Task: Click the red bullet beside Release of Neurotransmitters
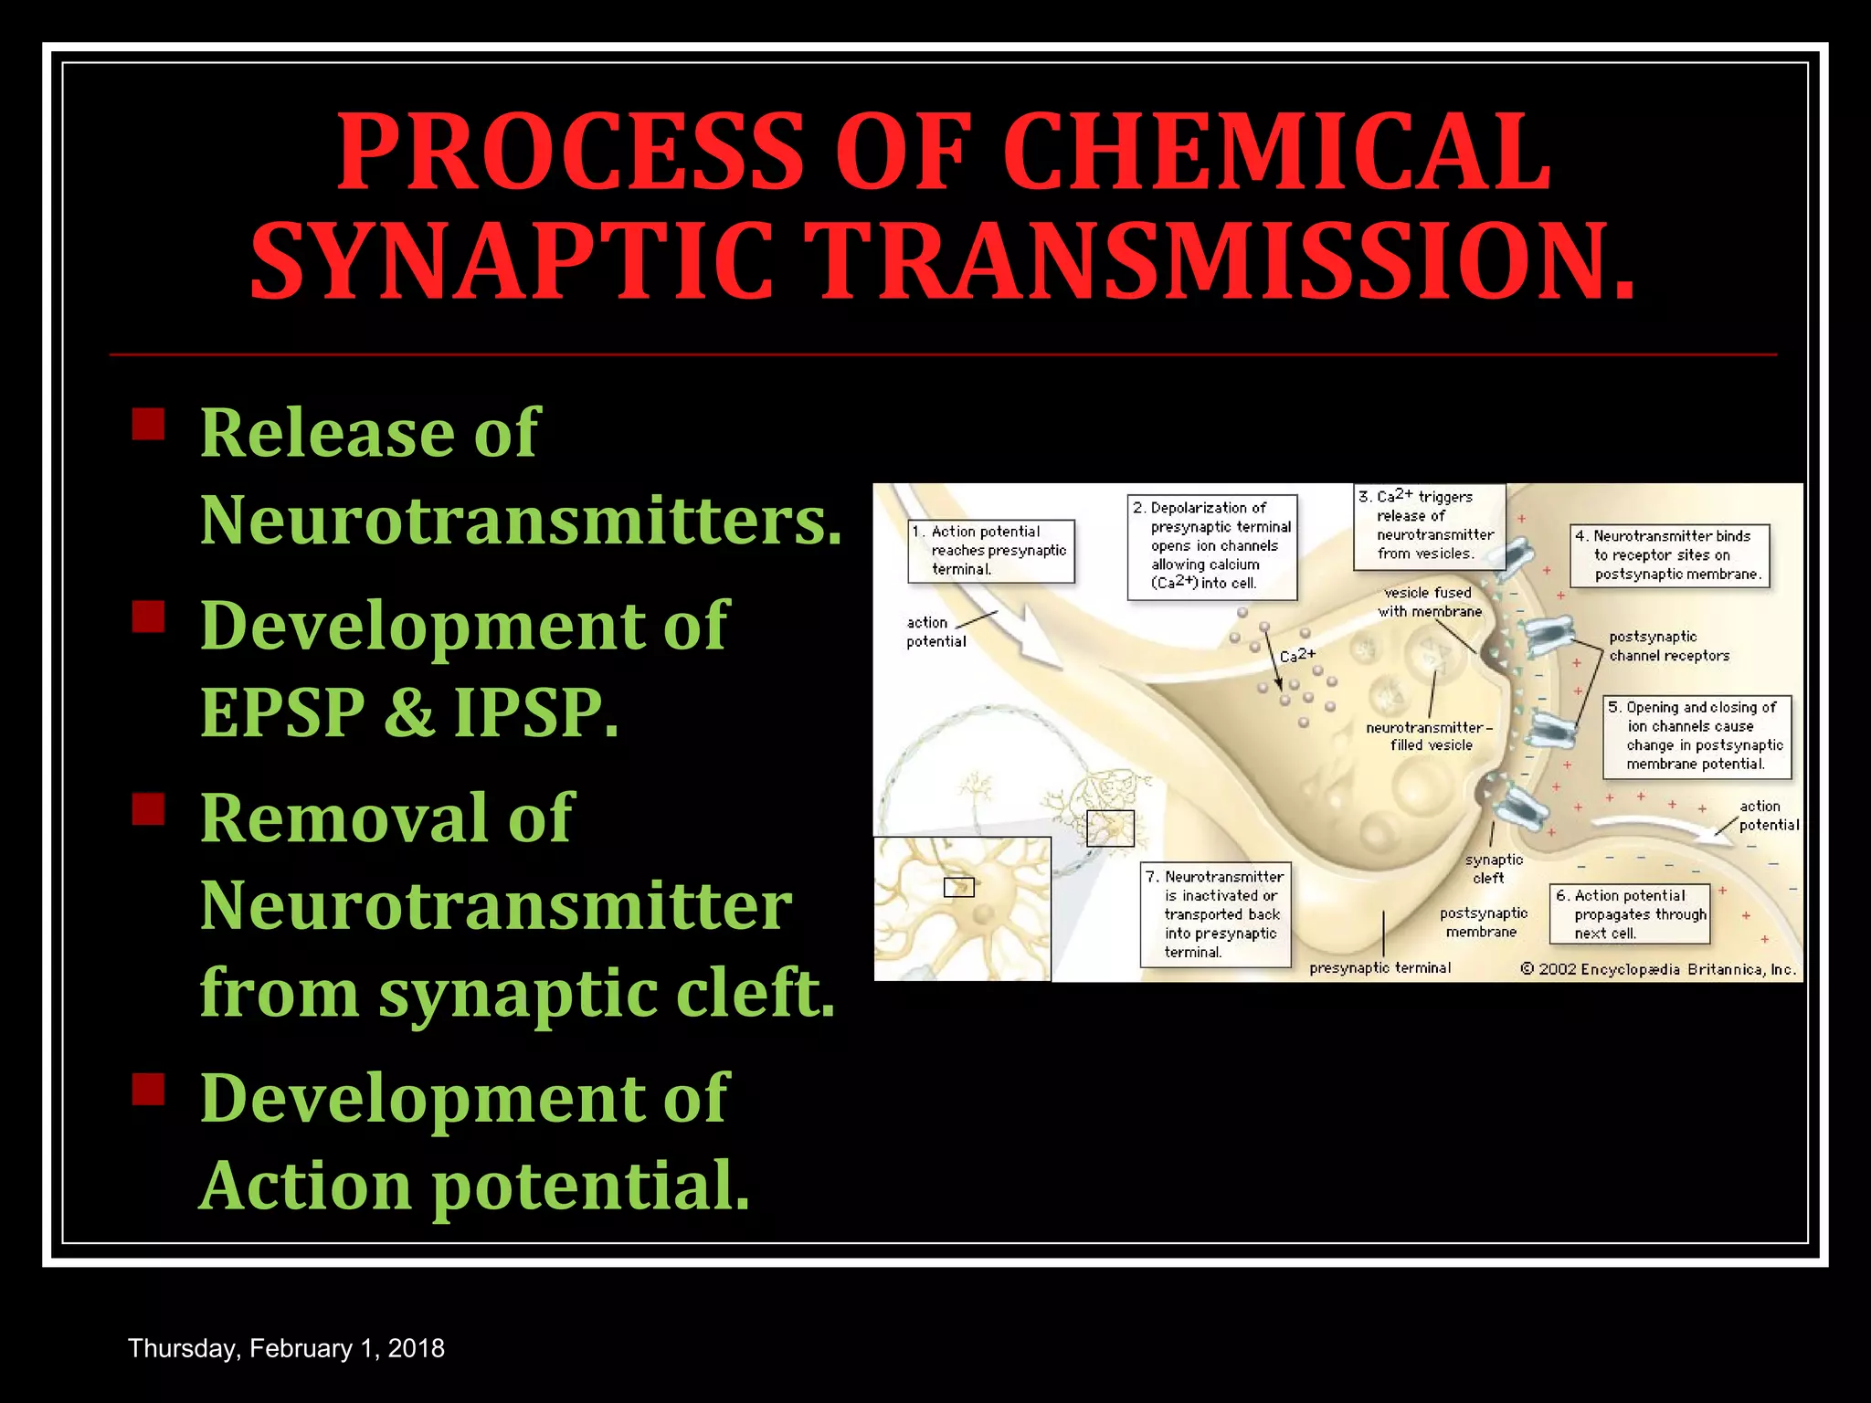[148, 425]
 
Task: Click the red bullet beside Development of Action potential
[148, 1089]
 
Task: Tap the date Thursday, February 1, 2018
[286, 1348]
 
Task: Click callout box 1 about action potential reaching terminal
[991, 551]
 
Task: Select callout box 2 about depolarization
[1211, 546]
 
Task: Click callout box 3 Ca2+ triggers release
[1428, 526]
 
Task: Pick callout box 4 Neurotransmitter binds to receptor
[1669, 555]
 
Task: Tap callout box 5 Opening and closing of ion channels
[1697, 736]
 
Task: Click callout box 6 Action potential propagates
[1629, 914]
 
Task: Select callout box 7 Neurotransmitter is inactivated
[1215, 914]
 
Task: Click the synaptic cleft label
[1493, 869]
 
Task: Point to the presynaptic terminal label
[1379, 968]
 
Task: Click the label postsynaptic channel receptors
[1668, 647]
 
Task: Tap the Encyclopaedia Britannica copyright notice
[1658, 969]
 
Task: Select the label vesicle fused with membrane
[1429, 602]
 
